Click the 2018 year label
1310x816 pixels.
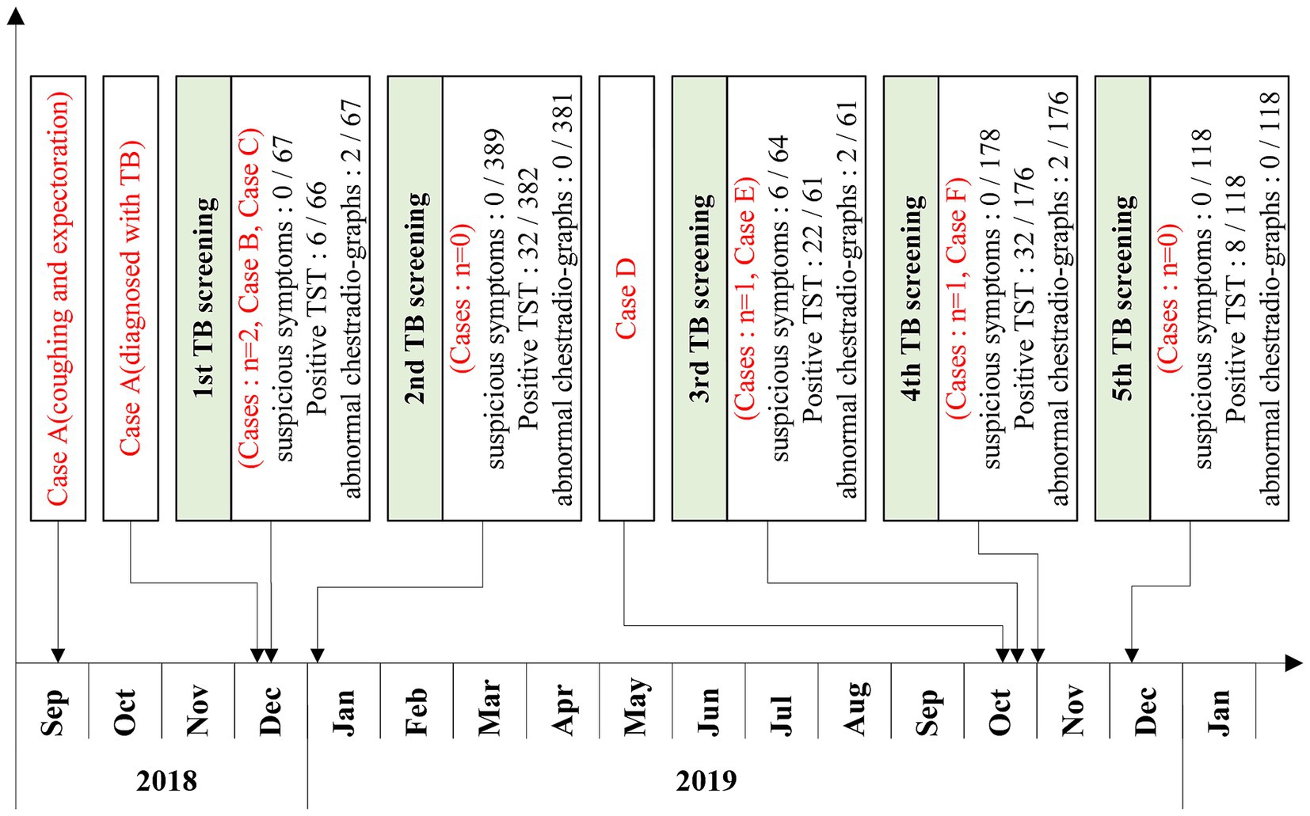[x=166, y=781]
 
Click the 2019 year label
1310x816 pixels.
[x=706, y=781]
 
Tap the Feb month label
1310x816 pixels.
[x=417, y=711]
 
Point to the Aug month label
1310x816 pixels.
[x=855, y=708]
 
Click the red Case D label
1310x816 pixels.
[x=626, y=298]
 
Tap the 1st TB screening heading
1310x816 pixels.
[x=204, y=298]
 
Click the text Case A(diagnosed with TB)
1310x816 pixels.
[x=131, y=298]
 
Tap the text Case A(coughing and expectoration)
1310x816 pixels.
[x=58, y=298]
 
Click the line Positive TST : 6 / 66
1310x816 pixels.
[x=315, y=298]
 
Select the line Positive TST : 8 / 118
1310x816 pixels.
[x=1236, y=298]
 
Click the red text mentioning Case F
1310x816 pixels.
[x=957, y=298]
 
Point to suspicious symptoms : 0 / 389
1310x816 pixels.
[x=496, y=298]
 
